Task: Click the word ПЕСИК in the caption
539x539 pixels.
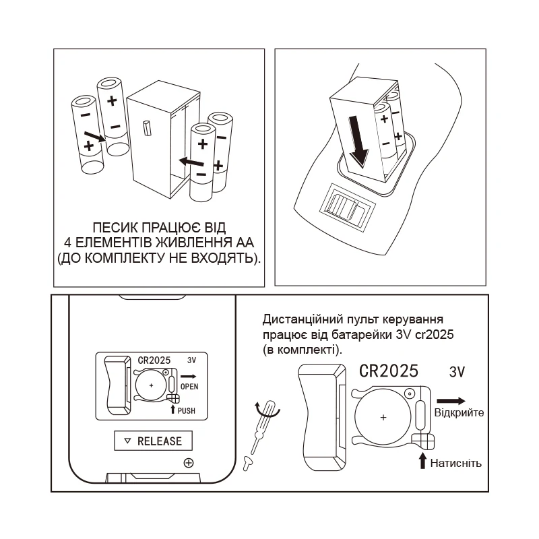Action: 110,227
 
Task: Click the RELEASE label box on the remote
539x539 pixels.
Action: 153,441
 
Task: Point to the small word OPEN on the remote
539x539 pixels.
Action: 190,386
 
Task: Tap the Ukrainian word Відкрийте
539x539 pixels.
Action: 459,412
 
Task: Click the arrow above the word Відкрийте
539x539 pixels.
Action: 451,401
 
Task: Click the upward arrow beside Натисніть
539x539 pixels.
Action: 422,462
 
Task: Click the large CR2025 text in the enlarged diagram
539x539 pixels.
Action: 389,371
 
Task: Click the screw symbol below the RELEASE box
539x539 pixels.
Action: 189,463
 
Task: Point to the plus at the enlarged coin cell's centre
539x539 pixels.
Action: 383,418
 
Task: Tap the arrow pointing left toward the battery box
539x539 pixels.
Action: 191,162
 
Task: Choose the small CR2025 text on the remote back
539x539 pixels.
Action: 154,360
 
